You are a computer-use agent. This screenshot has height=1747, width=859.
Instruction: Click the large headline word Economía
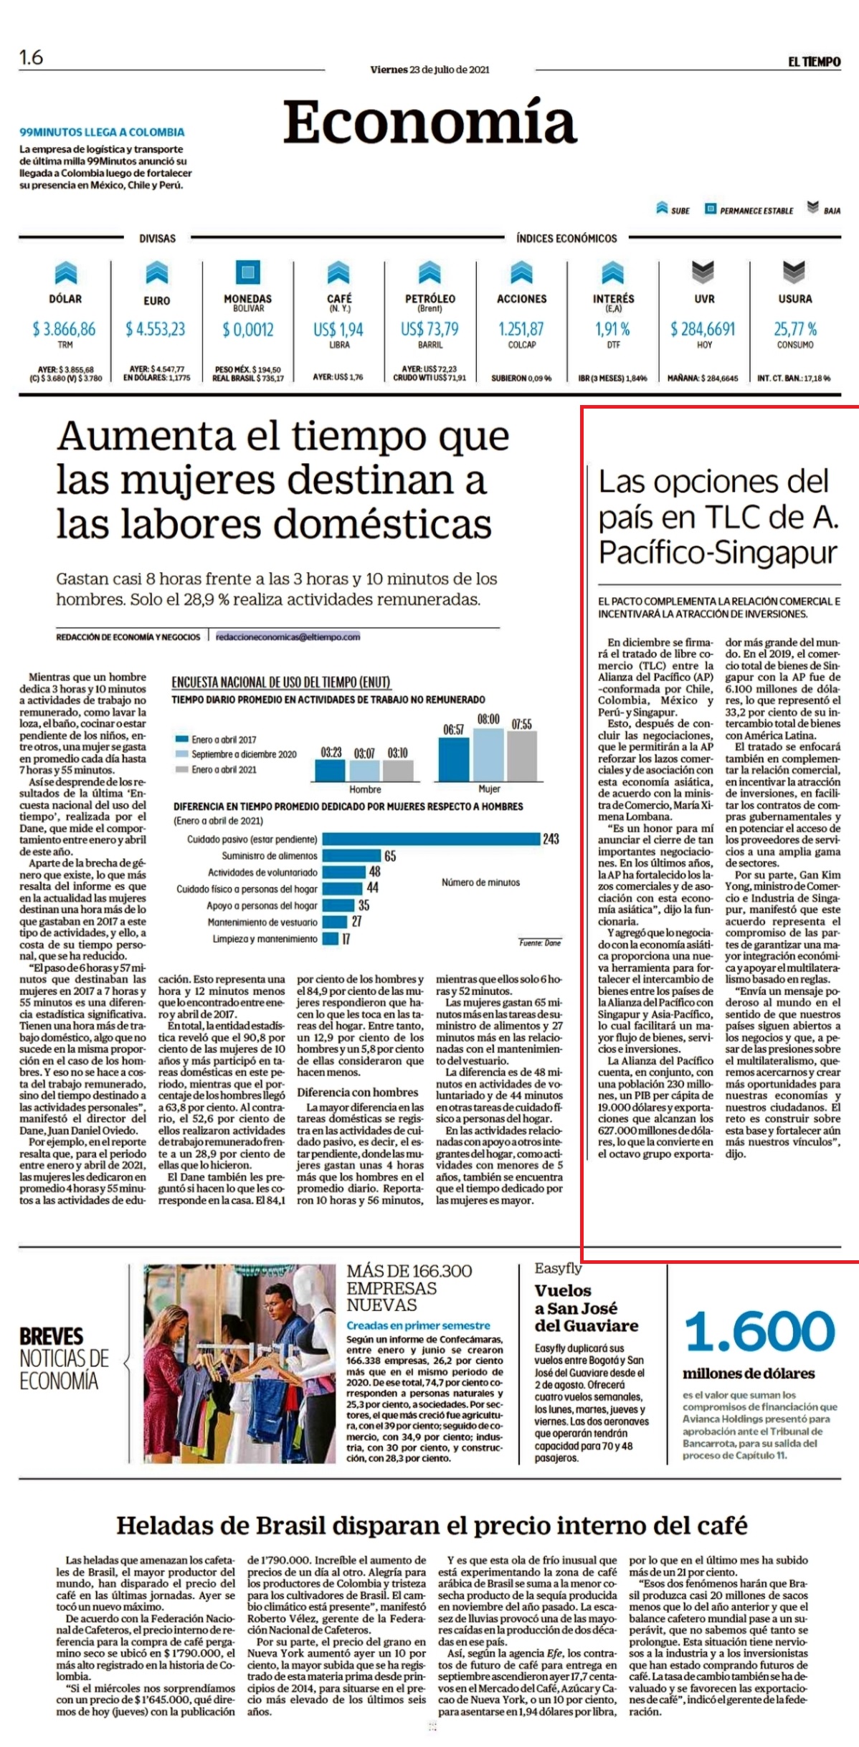click(x=429, y=122)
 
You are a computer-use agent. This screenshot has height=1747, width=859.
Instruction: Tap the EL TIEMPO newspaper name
click(x=814, y=62)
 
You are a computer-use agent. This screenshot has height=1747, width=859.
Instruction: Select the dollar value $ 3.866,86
click(x=64, y=329)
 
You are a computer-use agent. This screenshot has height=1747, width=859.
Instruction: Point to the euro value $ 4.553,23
click(x=155, y=329)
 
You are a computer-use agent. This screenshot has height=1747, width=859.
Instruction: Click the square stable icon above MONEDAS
click(x=248, y=272)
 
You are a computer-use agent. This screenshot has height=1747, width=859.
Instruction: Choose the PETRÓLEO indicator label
click(x=429, y=299)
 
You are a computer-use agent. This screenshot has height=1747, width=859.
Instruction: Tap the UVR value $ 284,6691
click(x=703, y=329)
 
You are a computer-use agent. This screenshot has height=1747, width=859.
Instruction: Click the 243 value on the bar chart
click(x=551, y=839)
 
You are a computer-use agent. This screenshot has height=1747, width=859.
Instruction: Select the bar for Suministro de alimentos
click(x=351, y=856)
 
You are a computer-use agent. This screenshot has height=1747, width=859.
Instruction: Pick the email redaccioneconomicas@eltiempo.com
click(x=288, y=637)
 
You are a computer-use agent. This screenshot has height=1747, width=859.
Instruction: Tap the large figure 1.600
click(x=760, y=1331)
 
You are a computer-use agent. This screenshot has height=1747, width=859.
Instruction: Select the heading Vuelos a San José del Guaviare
click(x=586, y=1308)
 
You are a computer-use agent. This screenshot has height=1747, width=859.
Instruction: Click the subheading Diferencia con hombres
click(x=358, y=1093)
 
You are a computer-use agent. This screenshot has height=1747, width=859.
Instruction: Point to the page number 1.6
click(x=31, y=57)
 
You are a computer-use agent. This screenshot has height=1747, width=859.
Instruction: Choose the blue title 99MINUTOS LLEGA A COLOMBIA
click(x=102, y=132)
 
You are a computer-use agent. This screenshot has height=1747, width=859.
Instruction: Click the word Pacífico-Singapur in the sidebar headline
click(x=718, y=553)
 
